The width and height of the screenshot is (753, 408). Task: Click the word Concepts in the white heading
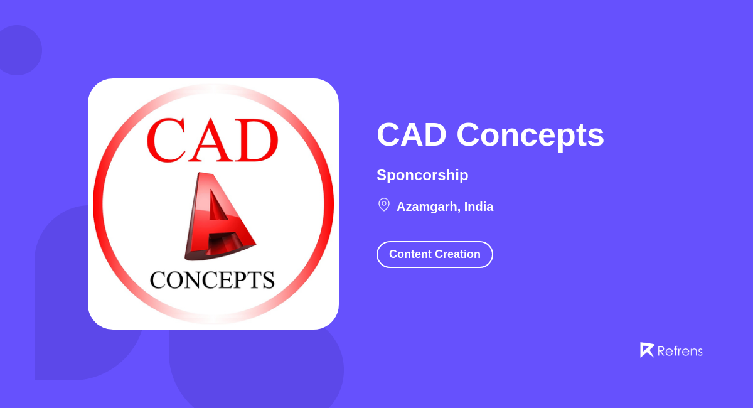530,135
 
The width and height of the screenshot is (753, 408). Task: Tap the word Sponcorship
422,175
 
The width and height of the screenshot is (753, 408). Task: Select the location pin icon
384,205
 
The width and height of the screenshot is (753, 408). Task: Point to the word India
479,207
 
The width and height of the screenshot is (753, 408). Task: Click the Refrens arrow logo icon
647,350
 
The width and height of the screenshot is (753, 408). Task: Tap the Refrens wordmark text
680,351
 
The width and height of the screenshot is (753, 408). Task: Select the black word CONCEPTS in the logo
212,279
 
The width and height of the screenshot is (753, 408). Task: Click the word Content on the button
412,254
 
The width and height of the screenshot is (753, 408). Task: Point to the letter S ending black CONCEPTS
268,280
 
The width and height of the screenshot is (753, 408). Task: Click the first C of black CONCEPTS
158,280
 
